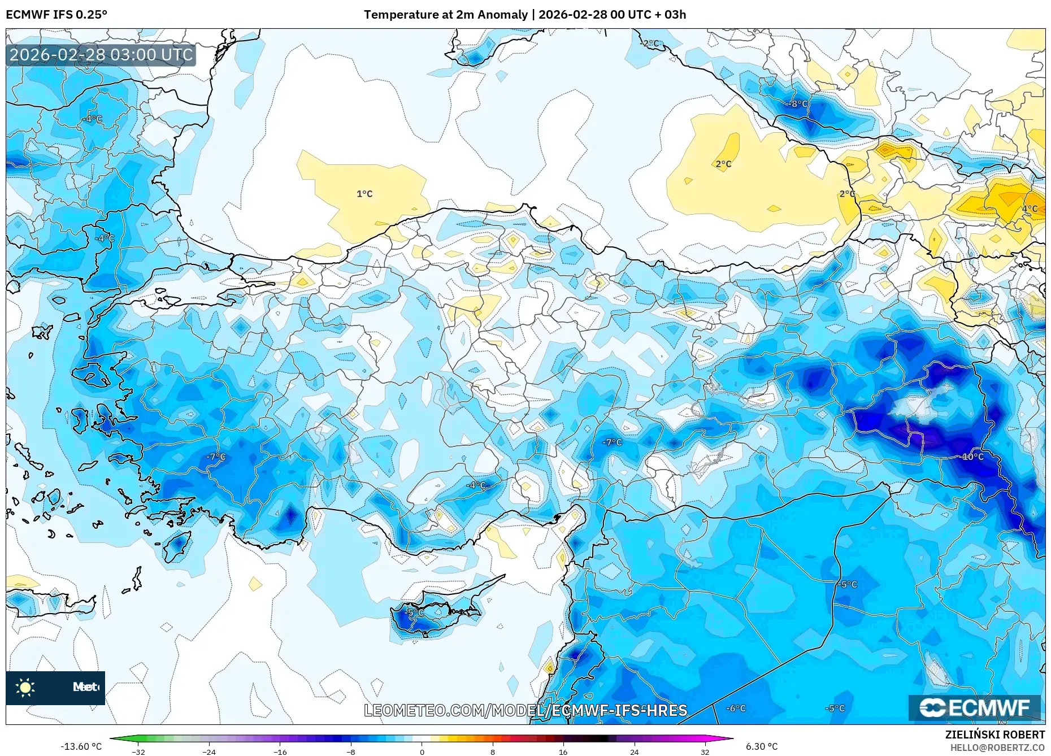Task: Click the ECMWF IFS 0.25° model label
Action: (x=57, y=15)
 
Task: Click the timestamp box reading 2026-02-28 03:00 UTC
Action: (x=101, y=55)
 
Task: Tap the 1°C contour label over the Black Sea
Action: (x=364, y=194)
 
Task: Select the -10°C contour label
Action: (x=972, y=457)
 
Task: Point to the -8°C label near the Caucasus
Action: (x=798, y=104)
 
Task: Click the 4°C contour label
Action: (x=1030, y=208)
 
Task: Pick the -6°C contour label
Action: (x=736, y=708)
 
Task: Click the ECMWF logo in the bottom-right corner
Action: (x=974, y=708)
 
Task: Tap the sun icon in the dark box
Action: (x=25, y=688)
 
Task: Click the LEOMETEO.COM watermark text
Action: (x=525, y=710)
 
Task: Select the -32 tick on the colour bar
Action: (x=138, y=752)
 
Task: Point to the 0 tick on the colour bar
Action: (x=422, y=752)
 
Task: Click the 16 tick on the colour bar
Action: (x=563, y=752)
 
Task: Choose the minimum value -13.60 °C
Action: (x=81, y=746)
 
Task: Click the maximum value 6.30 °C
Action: (x=762, y=746)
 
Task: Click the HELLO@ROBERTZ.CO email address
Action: (x=997, y=748)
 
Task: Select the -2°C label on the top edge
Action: (x=651, y=43)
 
